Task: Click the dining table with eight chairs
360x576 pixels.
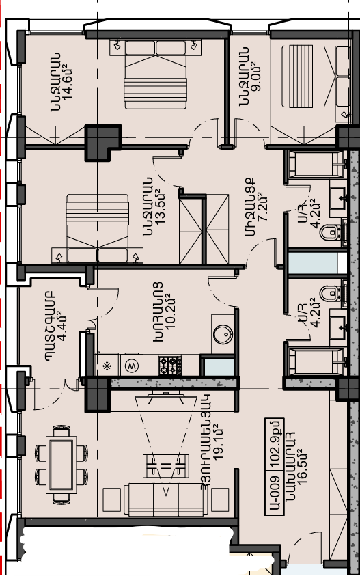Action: pyautogui.click(x=61, y=465)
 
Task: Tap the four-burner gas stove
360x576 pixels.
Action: pyautogui.click(x=169, y=366)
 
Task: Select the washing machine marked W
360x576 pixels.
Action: pyautogui.click(x=130, y=366)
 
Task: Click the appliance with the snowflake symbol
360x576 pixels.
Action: pyautogui.click(x=107, y=366)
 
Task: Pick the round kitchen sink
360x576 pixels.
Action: pyautogui.click(x=223, y=334)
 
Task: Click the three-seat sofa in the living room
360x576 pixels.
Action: pyautogui.click(x=165, y=499)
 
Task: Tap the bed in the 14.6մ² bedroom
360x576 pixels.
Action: pyautogui.click(x=155, y=74)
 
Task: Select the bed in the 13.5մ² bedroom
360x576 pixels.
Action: pyautogui.click(x=98, y=228)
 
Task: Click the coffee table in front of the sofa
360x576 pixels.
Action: pyautogui.click(x=166, y=466)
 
